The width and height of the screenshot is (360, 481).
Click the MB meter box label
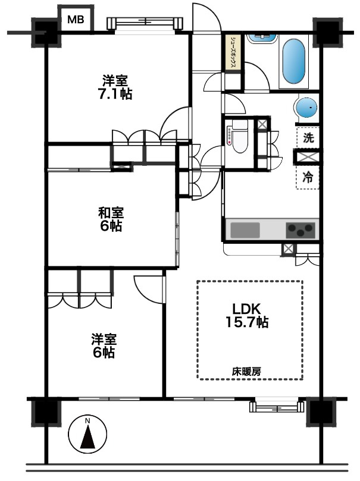tap(75, 19)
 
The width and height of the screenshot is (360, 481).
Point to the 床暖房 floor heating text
tap(246, 370)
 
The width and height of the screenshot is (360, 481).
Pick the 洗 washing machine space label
tap(308, 138)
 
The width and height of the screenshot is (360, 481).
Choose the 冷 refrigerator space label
tap(308, 177)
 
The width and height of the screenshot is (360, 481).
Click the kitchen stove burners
tap(300, 229)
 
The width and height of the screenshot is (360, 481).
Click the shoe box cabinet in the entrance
tap(233, 55)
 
